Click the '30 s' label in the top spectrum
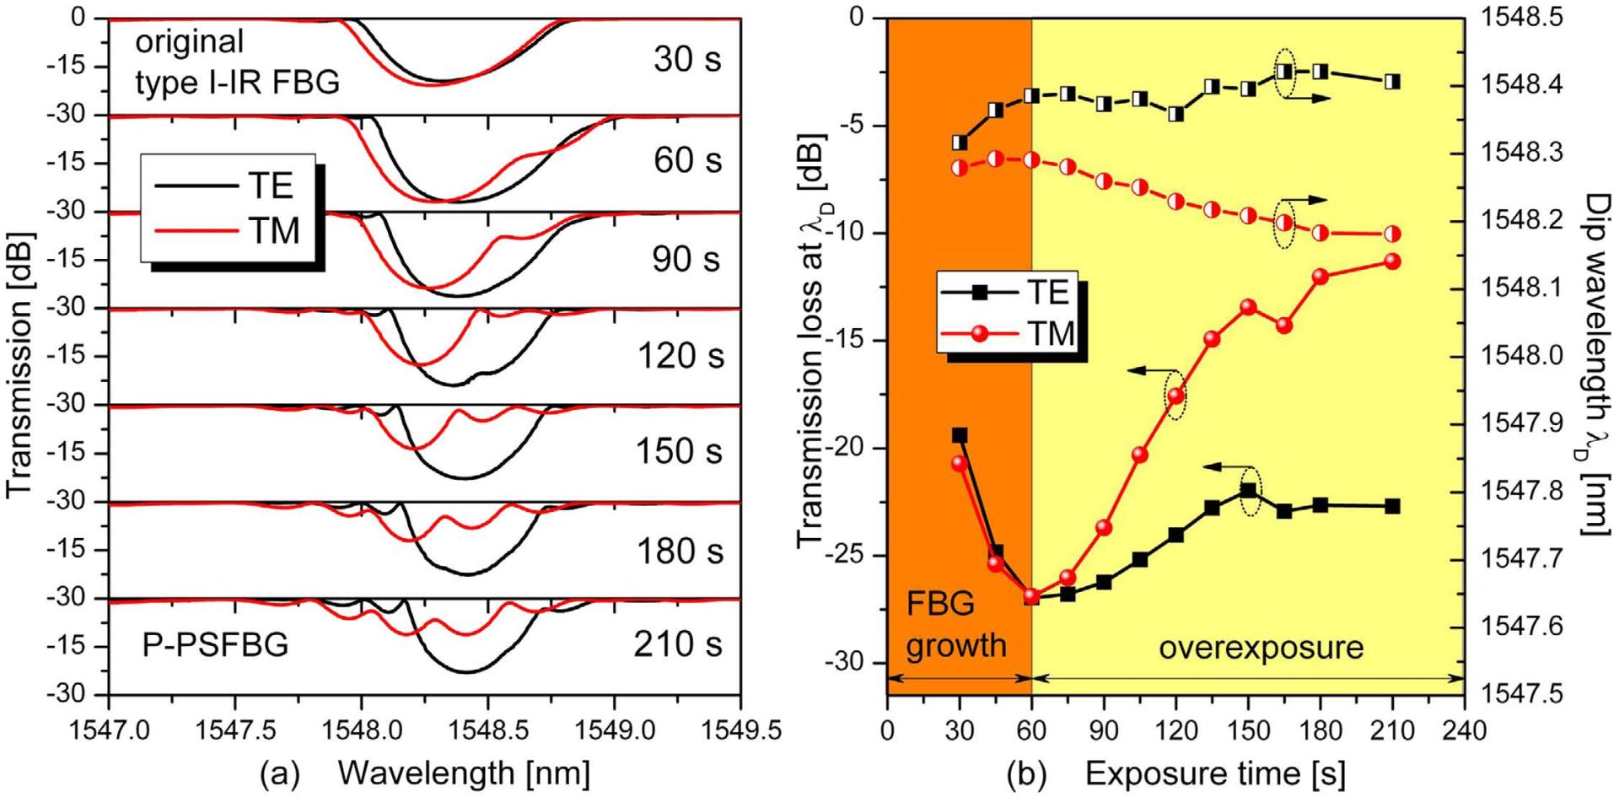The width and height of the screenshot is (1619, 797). (x=686, y=61)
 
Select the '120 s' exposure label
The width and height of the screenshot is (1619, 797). (x=680, y=356)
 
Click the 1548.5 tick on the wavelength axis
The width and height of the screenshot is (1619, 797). (x=487, y=730)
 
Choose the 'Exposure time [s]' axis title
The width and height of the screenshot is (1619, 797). (x=1214, y=773)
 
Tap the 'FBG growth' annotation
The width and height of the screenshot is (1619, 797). (x=957, y=624)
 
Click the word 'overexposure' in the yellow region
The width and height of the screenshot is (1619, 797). (x=1261, y=647)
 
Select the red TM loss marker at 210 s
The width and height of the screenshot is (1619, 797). (x=1392, y=261)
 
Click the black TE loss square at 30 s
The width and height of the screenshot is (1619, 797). (x=960, y=435)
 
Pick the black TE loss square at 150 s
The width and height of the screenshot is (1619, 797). (x=1249, y=490)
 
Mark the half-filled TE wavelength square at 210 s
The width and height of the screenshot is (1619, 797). (x=1392, y=82)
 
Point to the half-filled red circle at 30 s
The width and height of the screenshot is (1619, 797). (x=960, y=167)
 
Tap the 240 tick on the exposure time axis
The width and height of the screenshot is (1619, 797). (x=1465, y=730)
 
